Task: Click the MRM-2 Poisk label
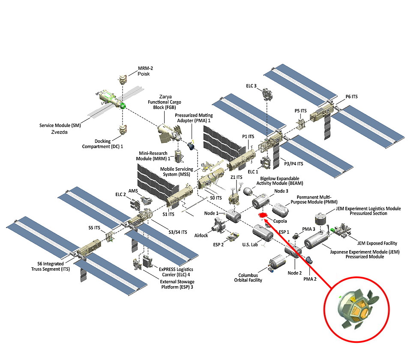[x=144, y=70]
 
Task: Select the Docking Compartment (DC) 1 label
[x=102, y=144]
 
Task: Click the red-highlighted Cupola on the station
[x=262, y=215]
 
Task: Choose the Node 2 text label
[x=294, y=273]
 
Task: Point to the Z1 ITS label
[x=237, y=177]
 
